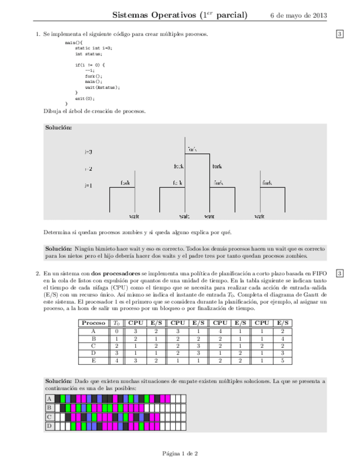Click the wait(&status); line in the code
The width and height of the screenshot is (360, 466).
(102, 87)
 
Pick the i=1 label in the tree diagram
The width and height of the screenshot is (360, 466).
(88, 186)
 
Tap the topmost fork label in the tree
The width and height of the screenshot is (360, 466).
(192, 149)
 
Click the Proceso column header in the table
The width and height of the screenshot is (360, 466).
(93, 323)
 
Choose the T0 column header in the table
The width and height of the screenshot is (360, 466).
(117, 323)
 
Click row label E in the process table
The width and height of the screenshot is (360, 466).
(93, 360)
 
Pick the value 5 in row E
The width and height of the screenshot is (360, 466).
(283, 360)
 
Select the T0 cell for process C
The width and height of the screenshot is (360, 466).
(117, 346)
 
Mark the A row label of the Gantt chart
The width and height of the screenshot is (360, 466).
(49, 398)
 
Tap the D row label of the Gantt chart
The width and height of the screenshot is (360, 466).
(49, 425)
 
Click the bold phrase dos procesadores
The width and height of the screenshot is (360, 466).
(115, 273)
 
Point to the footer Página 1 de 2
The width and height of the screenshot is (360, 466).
(180, 453)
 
